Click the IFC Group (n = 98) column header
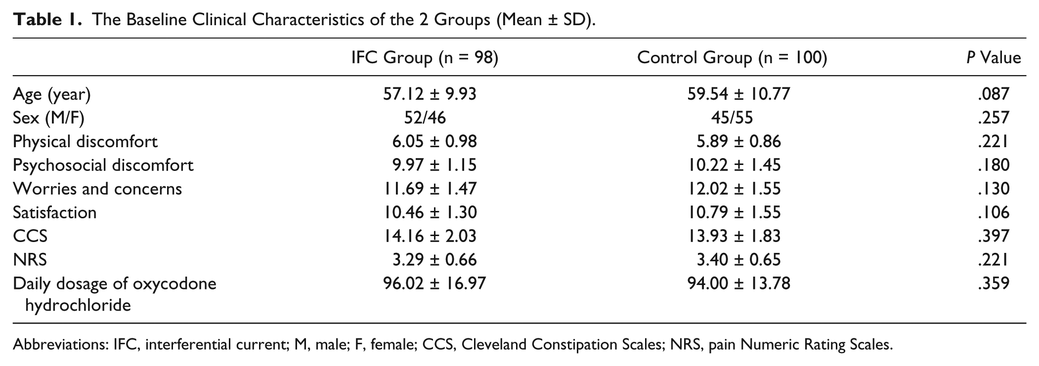[x=425, y=58]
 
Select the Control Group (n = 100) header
[x=732, y=58]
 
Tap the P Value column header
[x=994, y=58]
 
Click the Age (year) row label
[x=52, y=94]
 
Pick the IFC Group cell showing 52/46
[x=425, y=118]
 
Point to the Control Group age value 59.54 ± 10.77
[x=738, y=93]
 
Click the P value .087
[x=993, y=93]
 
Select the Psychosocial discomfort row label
[x=103, y=165]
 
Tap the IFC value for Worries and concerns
[x=430, y=189]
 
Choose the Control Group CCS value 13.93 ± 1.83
[x=734, y=236]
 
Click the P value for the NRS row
[x=993, y=260]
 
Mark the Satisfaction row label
[x=55, y=212]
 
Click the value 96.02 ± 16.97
[x=434, y=284]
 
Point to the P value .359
[x=993, y=284]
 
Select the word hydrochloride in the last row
[x=78, y=305]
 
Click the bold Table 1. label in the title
[x=47, y=20]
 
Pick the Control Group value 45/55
[x=732, y=118]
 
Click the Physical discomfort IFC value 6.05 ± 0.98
[x=434, y=141]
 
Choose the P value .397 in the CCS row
[x=993, y=236]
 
